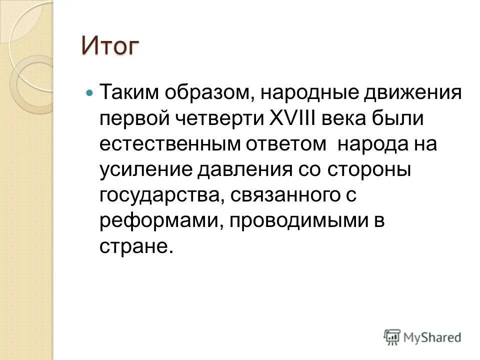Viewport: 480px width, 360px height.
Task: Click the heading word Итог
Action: coord(109,46)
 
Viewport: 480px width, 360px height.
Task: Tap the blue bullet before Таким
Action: coord(89,93)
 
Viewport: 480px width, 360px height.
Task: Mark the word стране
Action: coord(135,246)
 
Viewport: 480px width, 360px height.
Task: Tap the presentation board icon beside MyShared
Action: coord(392,336)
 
